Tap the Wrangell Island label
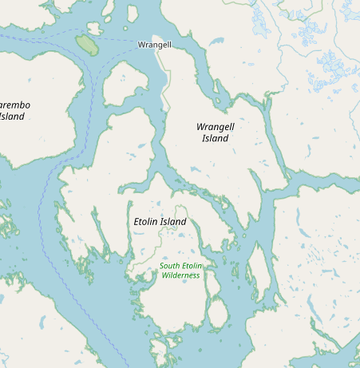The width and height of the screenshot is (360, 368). pyautogui.click(x=215, y=132)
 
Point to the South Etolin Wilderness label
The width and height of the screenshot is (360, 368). pyautogui.click(x=180, y=270)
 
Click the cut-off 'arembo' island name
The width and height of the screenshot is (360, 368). pyautogui.click(x=14, y=110)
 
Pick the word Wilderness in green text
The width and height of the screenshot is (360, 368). pyautogui.click(x=180, y=275)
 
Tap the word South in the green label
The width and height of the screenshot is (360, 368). pyautogui.click(x=170, y=266)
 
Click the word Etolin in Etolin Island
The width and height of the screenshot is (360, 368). pyautogui.click(x=144, y=221)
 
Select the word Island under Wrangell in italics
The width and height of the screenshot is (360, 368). pyautogui.click(x=215, y=138)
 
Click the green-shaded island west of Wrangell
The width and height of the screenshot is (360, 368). pyautogui.click(x=86, y=45)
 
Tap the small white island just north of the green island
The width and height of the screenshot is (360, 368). pyautogui.click(x=94, y=29)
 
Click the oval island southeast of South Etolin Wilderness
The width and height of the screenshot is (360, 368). pyautogui.click(x=217, y=314)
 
